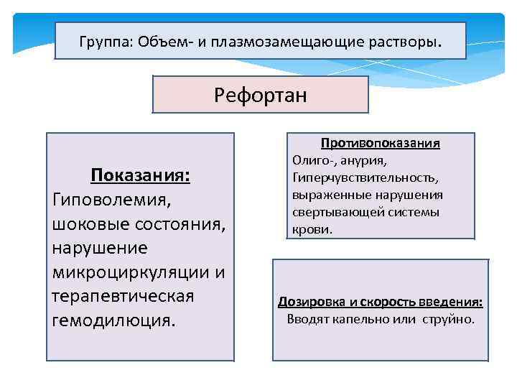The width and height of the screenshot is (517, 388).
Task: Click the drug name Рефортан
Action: click(260, 95)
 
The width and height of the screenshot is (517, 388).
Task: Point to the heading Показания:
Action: click(139, 176)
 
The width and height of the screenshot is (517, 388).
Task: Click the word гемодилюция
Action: click(113, 320)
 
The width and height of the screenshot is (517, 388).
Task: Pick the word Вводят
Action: click(307, 319)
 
